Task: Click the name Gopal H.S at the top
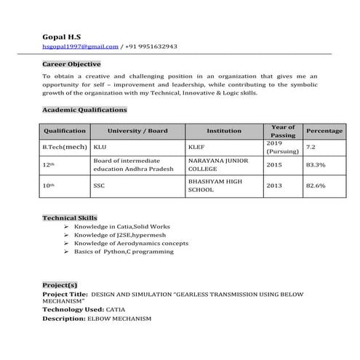[x=62, y=36]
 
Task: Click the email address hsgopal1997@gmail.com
[x=80, y=47]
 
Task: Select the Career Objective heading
[x=71, y=64]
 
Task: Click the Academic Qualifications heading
[x=84, y=110]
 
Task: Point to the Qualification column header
[x=65, y=131]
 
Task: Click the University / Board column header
[x=137, y=131]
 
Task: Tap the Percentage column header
[x=324, y=131]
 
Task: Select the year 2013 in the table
[x=274, y=185]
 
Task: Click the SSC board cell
[x=99, y=185]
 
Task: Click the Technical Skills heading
[x=69, y=217]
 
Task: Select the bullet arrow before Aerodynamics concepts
[x=67, y=243]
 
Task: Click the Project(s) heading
[x=60, y=285]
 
